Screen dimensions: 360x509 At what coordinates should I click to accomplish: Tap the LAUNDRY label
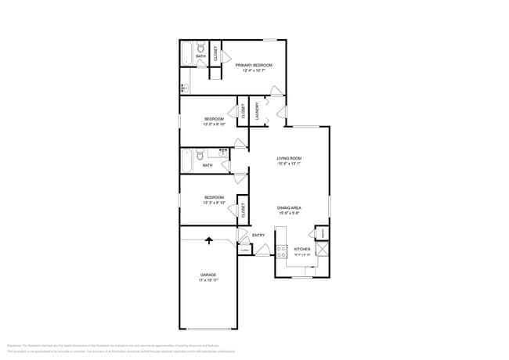pos(256,110)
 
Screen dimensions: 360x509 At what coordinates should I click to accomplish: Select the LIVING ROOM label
pos(289,158)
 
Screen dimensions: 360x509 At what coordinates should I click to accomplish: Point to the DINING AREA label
pos(289,207)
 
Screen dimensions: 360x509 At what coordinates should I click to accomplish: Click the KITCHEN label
pos(301,250)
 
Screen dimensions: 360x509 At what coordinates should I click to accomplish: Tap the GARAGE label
pos(208,275)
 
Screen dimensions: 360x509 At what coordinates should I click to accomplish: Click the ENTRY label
pos(258,235)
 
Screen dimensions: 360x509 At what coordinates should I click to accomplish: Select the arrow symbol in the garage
pos(208,240)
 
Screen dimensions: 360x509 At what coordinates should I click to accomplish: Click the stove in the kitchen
pos(282,251)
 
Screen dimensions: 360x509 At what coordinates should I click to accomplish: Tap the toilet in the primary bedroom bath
pos(201,47)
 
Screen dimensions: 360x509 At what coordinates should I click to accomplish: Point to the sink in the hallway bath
pos(223,152)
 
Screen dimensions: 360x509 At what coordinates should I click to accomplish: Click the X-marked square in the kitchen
pos(322,250)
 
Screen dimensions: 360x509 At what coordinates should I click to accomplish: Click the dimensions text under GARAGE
pos(208,279)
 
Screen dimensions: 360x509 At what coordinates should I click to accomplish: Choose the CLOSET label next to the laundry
pos(244,110)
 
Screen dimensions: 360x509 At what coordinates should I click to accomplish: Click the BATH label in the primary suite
pos(201,56)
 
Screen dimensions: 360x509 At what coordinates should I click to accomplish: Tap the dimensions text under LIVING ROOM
pos(289,164)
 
